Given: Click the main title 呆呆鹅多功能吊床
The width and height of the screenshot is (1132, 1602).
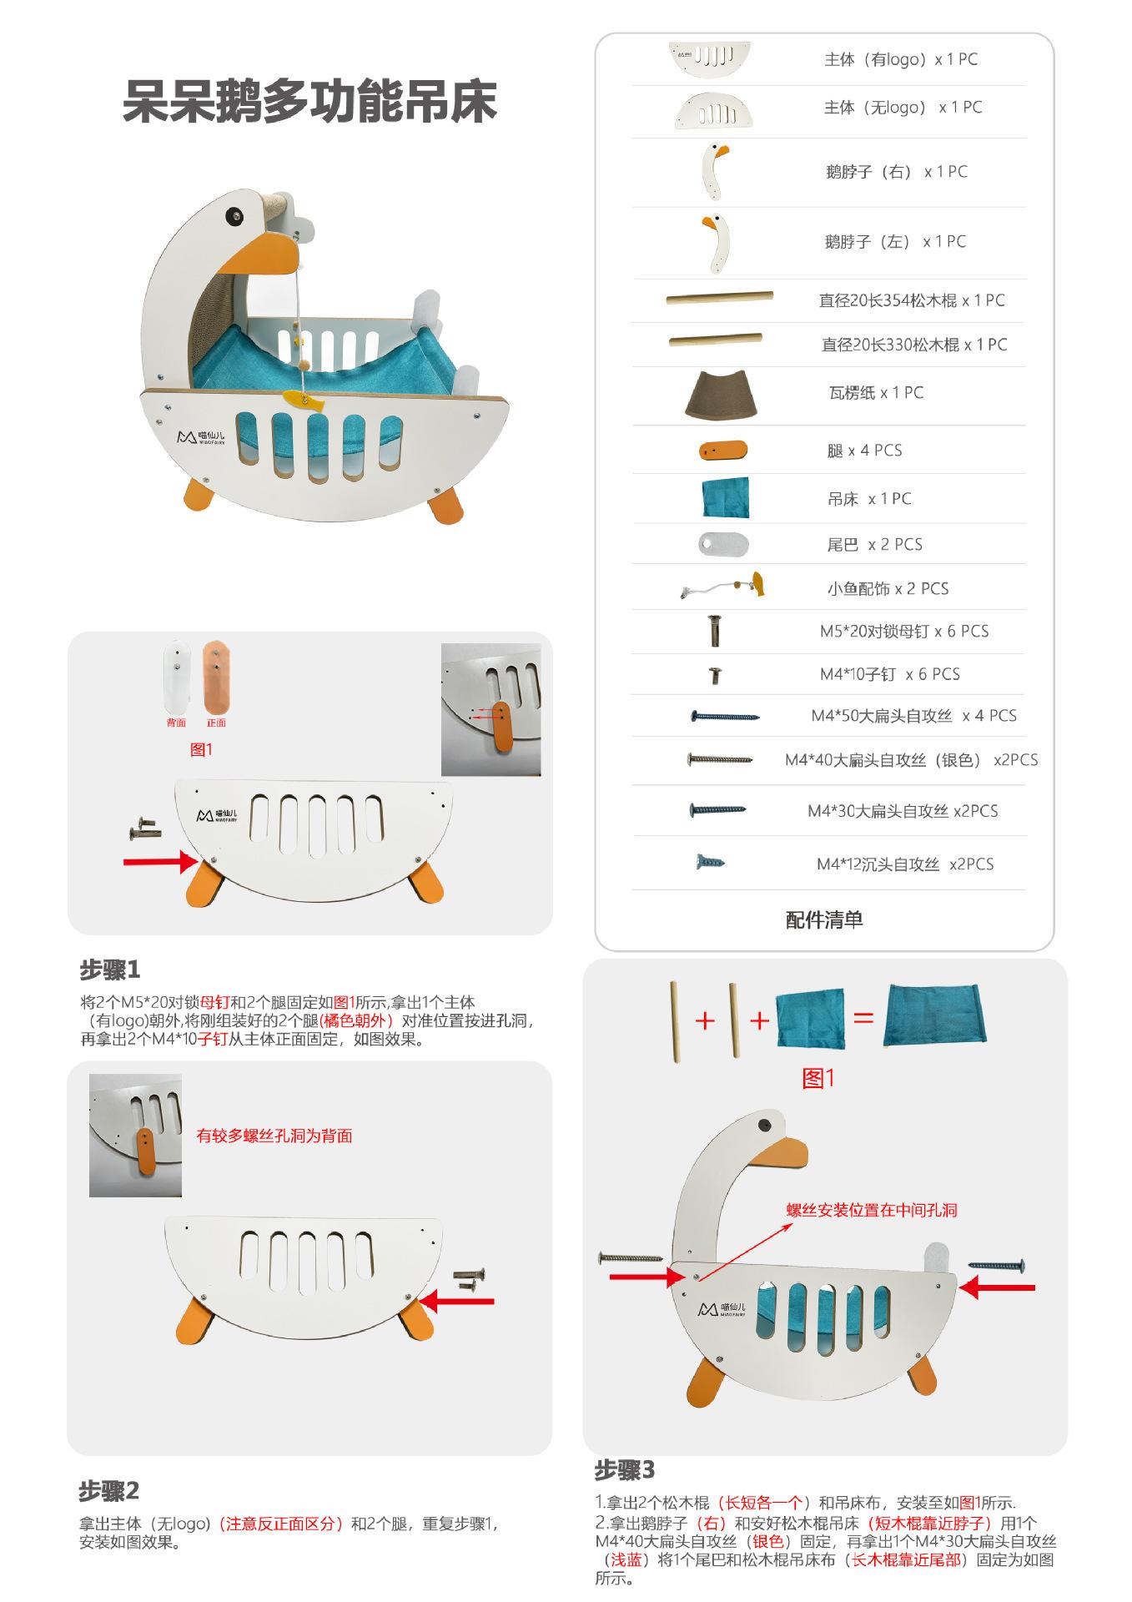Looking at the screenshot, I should (309, 103).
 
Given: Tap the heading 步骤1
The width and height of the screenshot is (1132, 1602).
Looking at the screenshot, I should (109, 970).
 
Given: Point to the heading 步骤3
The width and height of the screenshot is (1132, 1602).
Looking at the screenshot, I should (624, 1469).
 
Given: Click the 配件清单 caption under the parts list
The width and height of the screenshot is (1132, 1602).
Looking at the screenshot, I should (823, 919).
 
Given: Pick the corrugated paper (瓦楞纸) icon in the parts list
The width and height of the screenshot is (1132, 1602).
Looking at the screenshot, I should (721, 395).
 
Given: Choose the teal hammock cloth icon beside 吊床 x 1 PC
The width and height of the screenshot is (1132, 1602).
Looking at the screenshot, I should (725, 498).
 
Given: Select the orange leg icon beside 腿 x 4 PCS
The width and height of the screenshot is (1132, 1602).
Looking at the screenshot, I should (722, 451).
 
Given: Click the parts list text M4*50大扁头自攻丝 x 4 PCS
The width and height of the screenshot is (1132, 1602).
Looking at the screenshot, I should (913, 716).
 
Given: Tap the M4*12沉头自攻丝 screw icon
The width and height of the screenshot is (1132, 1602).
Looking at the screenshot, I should (710, 862).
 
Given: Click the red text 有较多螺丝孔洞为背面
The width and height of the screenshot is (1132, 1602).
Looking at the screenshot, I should (274, 1136).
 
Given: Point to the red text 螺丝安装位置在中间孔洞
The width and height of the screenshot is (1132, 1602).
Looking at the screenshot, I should (871, 1210).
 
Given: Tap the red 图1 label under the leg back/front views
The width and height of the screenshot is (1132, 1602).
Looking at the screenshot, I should (201, 749).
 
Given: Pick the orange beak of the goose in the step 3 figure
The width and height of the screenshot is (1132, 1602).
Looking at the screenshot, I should (788, 1154).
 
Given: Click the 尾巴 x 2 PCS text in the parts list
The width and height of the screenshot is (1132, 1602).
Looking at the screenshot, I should (874, 545).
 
